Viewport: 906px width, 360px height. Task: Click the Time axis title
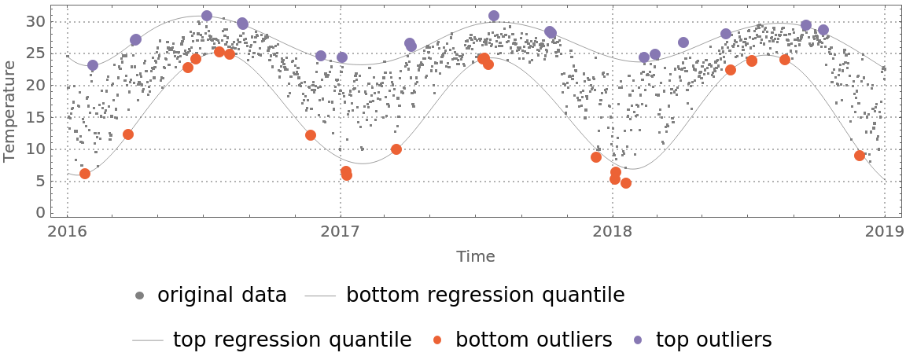click(x=475, y=256)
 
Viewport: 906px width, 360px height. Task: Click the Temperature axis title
click(x=9, y=112)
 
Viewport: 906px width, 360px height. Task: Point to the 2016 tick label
click(x=67, y=232)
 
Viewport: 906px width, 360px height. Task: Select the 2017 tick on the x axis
click(x=340, y=232)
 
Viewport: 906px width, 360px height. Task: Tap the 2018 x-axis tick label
click(x=612, y=232)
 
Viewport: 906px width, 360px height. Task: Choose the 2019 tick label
click(x=884, y=232)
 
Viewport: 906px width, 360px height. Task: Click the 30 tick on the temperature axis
click(x=36, y=21)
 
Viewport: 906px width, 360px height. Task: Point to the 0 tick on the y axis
click(x=41, y=213)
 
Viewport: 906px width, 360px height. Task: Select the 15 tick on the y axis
click(x=36, y=117)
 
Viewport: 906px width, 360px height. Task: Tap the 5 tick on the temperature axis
click(x=41, y=182)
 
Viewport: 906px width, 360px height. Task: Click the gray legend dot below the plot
click(x=139, y=296)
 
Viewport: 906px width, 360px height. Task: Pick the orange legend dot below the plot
click(x=437, y=340)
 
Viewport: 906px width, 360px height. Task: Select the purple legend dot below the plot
click(x=638, y=340)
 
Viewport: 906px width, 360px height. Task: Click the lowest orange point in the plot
click(x=626, y=183)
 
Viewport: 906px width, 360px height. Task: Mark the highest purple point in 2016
click(x=207, y=16)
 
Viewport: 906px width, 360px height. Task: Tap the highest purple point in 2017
click(x=494, y=16)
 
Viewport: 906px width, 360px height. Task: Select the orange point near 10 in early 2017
click(x=396, y=149)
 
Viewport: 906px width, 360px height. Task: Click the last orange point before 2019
click(x=860, y=156)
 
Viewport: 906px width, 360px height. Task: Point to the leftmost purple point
click(x=93, y=65)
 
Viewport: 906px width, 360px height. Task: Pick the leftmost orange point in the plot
click(x=85, y=174)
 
